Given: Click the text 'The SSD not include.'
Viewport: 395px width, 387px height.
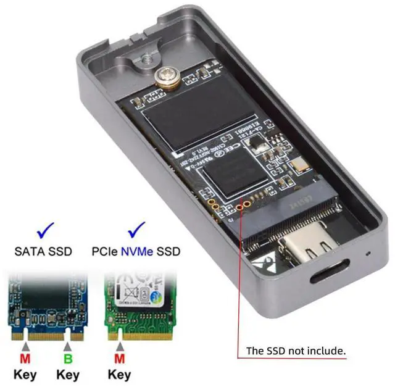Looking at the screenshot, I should coord(295,351).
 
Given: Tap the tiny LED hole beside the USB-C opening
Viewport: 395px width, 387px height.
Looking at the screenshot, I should coord(369,253).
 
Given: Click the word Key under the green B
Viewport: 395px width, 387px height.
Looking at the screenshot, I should coord(67,374).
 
